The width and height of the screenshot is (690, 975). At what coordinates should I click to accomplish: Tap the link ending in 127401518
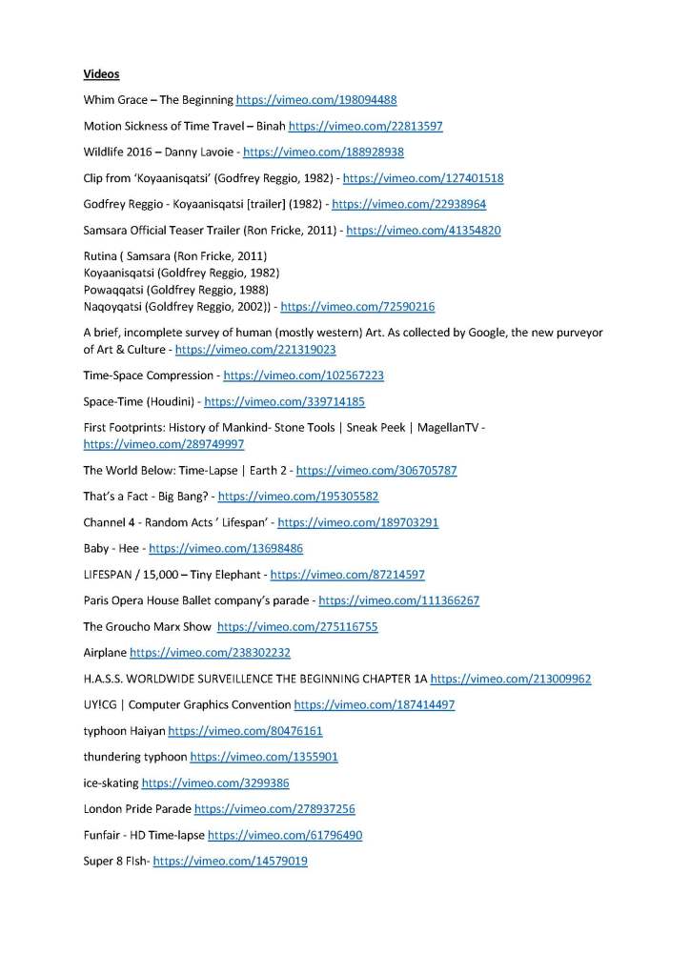click(x=423, y=178)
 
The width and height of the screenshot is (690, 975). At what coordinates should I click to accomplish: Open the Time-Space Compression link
click(x=303, y=376)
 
